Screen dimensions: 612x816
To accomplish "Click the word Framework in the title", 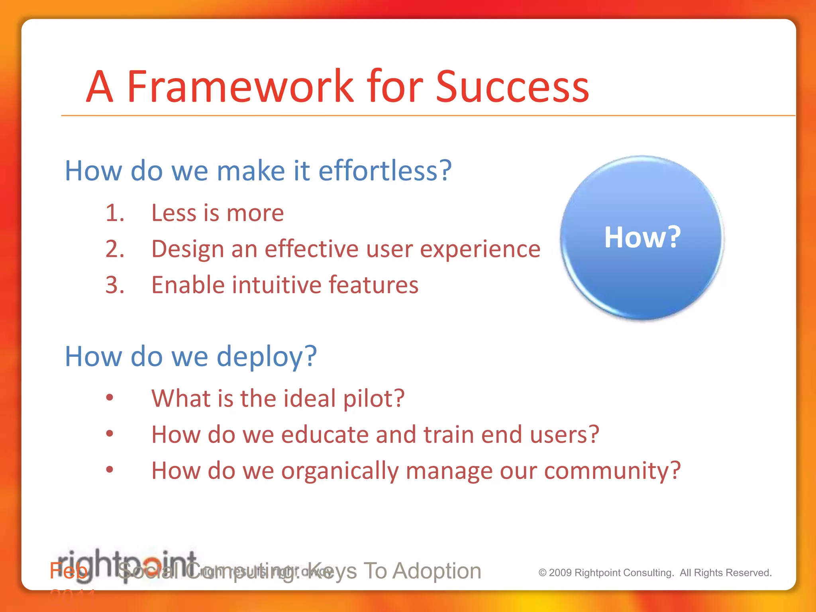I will (240, 86).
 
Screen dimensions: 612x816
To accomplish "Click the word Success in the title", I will (512, 86).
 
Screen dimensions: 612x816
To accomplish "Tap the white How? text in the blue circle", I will (642, 237).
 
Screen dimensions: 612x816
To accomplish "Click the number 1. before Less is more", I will (115, 213).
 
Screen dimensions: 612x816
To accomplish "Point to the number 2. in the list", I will (115, 249).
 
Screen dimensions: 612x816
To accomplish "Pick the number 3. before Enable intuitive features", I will (115, 285).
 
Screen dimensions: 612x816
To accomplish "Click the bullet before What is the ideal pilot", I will (110, 397).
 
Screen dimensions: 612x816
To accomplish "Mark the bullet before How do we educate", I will (110, 433).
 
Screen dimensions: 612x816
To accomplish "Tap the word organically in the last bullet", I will (339, 471).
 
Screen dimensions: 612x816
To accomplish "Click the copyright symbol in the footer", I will (542, 573).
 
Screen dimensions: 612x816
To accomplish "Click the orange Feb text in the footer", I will (68, 571).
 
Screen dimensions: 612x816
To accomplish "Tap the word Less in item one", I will (174, 213).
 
